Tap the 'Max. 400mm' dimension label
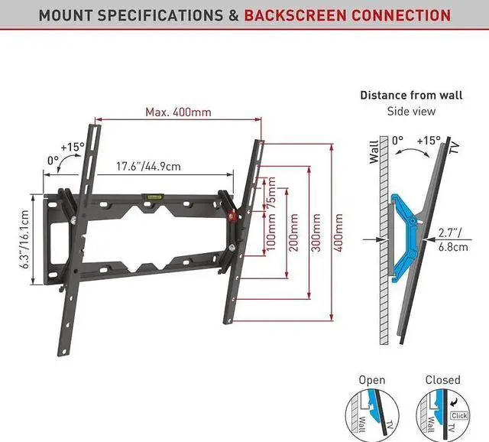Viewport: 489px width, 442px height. pyautogui.click(x=178, y=112)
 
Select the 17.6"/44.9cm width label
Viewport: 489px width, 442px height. pyautogui.click(x=148, y=166)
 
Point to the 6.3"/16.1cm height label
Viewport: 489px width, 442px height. pyautogui.click(x=24, y=239)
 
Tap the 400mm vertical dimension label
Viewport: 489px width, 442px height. pyautogui.click(x=339, y=233)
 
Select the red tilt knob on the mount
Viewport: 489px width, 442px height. pyautogui.click(x=232, y=216)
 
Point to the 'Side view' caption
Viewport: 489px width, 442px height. pyautogui.click(x=410, y=112)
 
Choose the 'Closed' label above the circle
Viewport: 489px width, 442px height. pyautogui.click(x=442, y=380)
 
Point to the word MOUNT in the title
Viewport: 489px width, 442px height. pyautogui.click(x=66, y=15)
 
